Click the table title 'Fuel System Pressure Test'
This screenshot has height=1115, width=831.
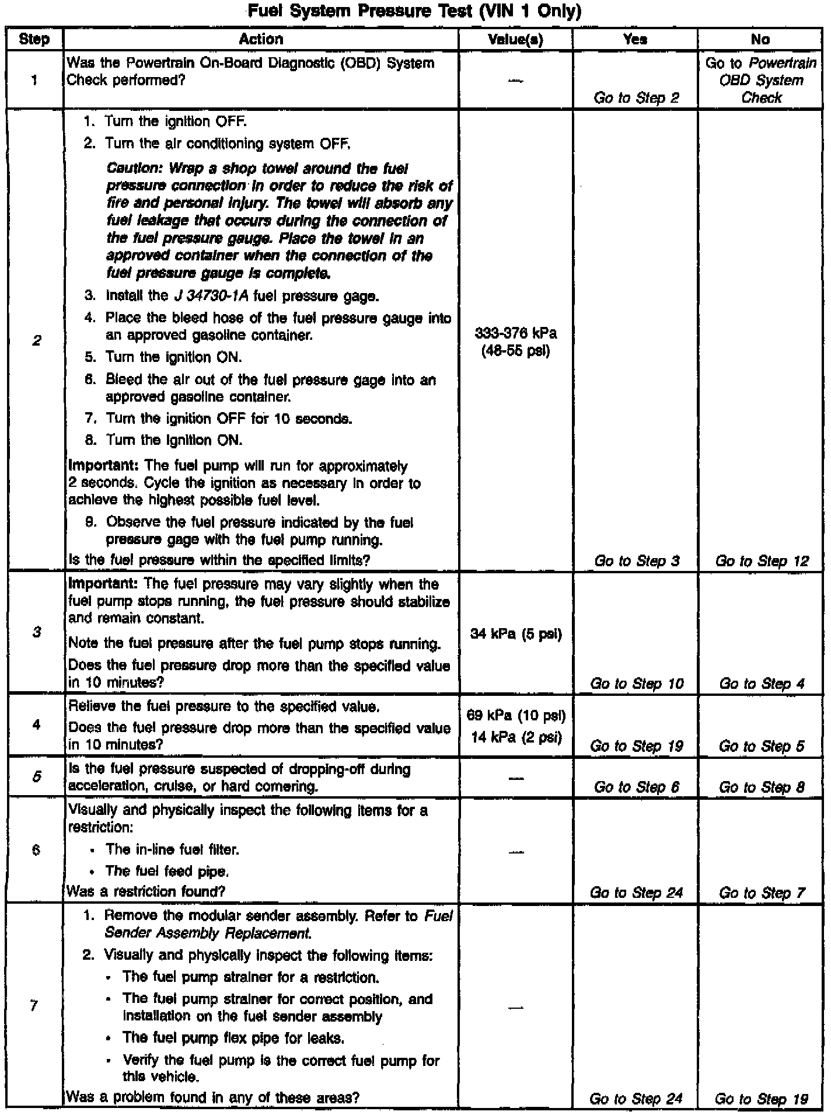click(x=414, y=12)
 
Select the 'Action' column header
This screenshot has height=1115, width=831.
click(x=261, y=40)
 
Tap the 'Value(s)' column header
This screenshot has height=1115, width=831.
click(x=515, y=40)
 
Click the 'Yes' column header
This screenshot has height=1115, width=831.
click(x=635, y=40)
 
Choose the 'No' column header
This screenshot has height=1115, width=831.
click(x=760, y=40)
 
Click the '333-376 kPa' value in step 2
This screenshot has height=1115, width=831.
click(x=516, y=333)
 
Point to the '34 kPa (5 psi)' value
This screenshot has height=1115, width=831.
click(x=516, y=634)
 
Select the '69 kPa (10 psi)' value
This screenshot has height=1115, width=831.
click(x=516, y=715)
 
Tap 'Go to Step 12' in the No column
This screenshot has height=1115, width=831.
click(x=762, y=561)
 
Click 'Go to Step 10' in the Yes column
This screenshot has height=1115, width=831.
click(x=636, y=684)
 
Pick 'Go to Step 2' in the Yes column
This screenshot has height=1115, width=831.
click(x=636, y=97)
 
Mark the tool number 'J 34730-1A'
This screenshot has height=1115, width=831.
click(x=211, y=297)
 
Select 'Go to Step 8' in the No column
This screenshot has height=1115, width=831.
click(x=762, y=787)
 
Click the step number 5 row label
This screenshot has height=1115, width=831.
click(x=36, y=777)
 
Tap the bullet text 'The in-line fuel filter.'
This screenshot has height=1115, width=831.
click(x=173, y=849)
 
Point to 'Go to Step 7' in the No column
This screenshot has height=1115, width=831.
click(x=762, y=893)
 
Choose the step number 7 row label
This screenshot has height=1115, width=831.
click(x=34, y=1005)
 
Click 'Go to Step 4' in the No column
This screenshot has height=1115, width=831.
click(x=762, y=684)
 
